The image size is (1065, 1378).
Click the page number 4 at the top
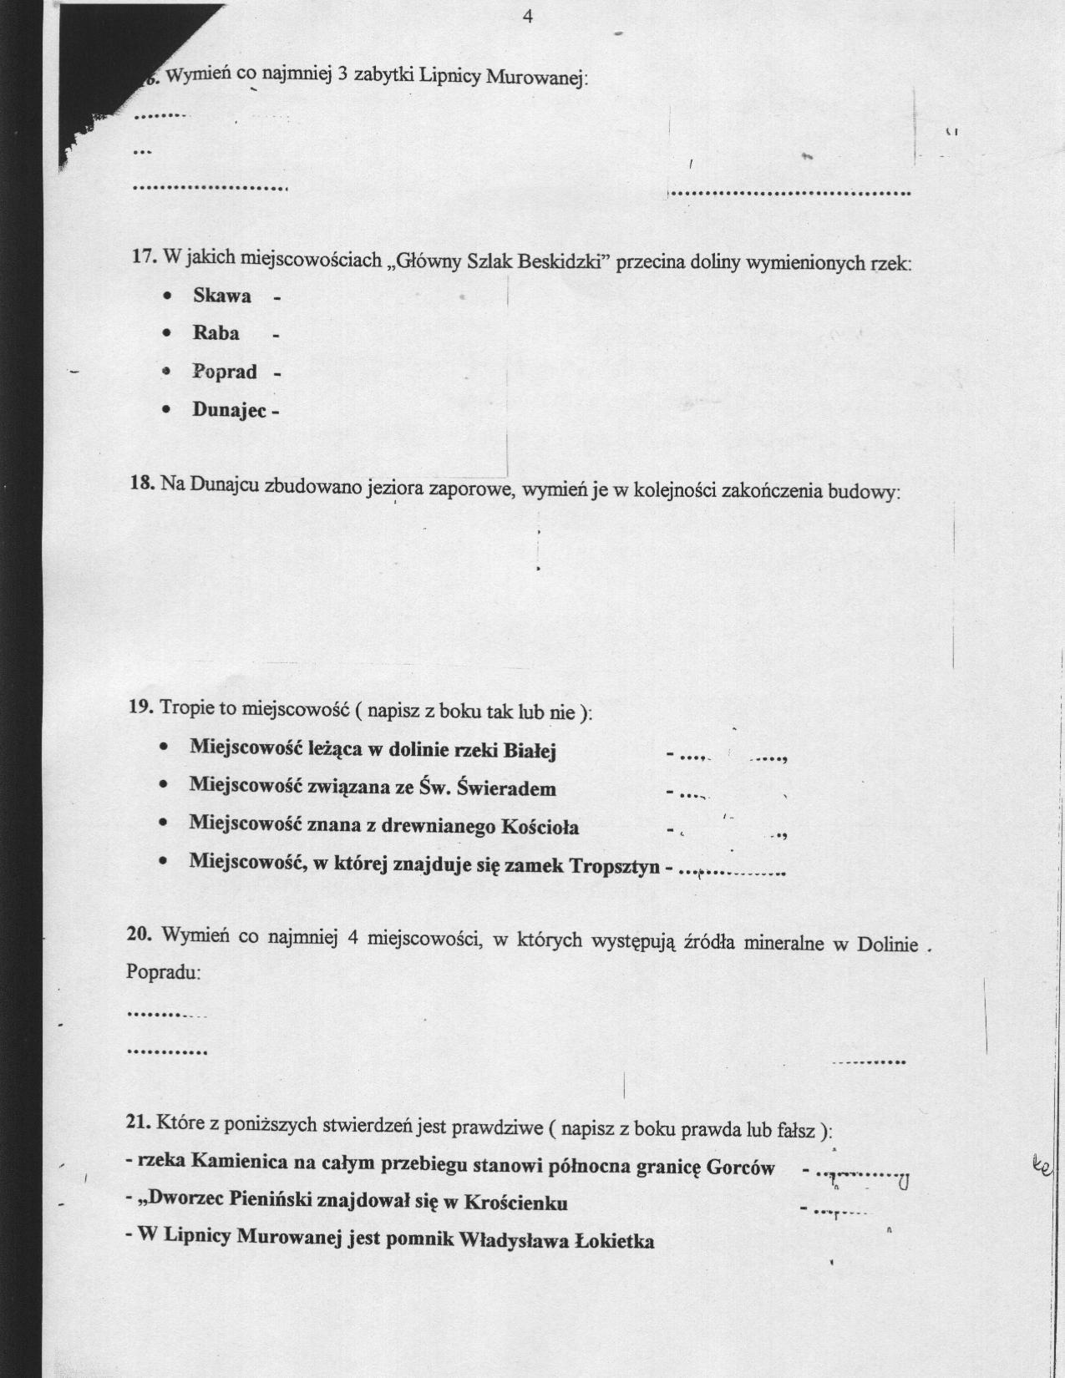tap(527, 17)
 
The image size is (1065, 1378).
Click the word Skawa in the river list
tap(221, 296)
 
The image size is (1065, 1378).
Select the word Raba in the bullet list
tap(216, 333)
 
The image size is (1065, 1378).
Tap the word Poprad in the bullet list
tap(224, 372)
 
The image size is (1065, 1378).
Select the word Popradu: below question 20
tap(163, 973)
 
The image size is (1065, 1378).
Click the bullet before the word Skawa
tap(169, 296)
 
